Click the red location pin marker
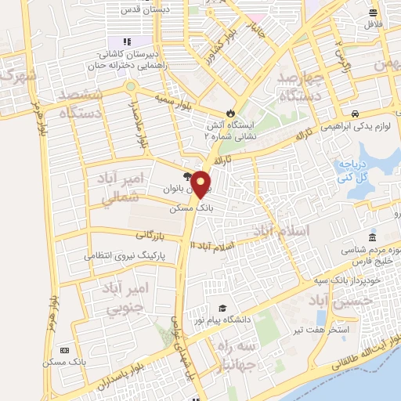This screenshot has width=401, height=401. [201, 184]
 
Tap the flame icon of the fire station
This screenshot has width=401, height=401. [229, 113]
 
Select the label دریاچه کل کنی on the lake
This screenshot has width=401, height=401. [353, 171]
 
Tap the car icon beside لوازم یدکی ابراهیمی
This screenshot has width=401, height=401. [356, 113]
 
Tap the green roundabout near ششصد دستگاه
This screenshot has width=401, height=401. [131, 86]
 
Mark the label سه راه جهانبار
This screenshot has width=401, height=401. [237, 355]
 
